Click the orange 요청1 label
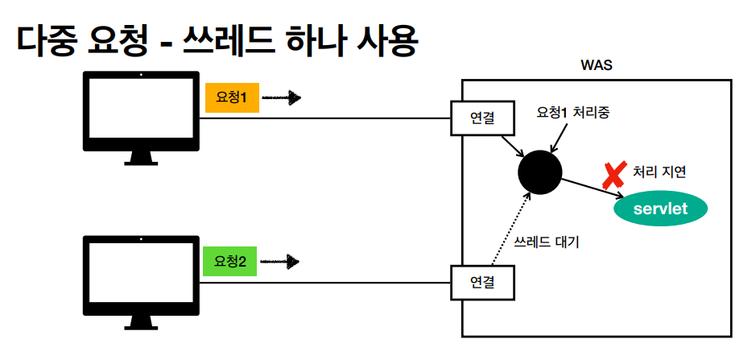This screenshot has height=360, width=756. coord(232,98)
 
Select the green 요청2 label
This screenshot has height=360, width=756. coord(230,261)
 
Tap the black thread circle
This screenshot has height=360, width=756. coord(539,172)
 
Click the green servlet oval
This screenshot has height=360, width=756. coord(661,209)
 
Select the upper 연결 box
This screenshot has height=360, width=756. coord(481,118)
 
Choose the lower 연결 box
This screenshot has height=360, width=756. coord(481,283)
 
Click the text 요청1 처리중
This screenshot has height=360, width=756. coord(573,114)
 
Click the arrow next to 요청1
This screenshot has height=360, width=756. coord(281,99)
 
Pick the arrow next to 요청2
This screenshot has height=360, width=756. coord(281,262)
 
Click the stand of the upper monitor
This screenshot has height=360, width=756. coord(141,158)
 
